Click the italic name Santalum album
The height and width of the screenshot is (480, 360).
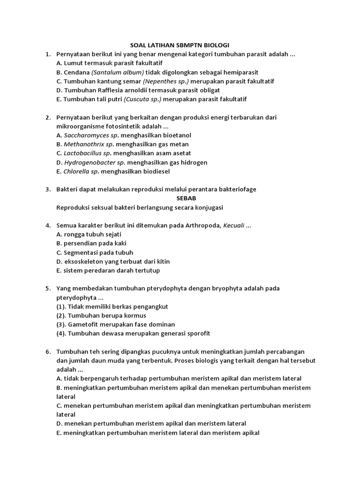pos(118,72)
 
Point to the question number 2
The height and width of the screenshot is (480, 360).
pos(48,117)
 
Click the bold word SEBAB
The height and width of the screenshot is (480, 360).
pos(186,198)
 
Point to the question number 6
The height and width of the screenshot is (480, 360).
pos(48,352)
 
